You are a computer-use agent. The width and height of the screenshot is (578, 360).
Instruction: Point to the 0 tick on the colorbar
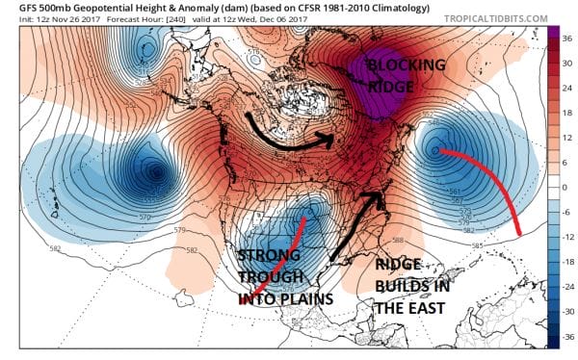click(567, 187)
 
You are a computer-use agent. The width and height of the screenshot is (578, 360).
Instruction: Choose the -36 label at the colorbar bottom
click(567, 336)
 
